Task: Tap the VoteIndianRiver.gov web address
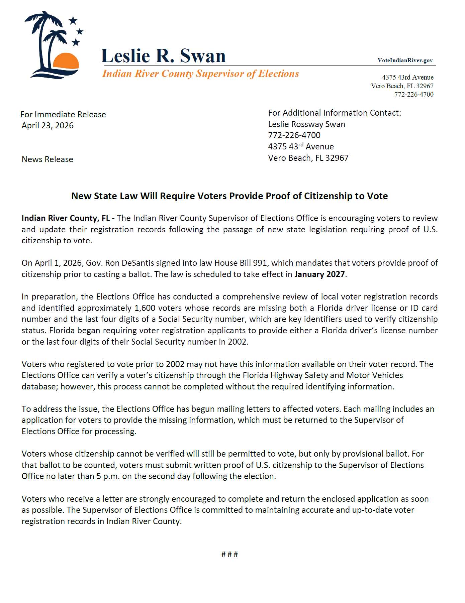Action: pyautogui.click(x=405, y=60)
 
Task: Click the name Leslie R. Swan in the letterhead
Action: pyautogui.click(x=163, y=55)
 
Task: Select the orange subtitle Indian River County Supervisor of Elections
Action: pyautogui.click(x=201, y=74)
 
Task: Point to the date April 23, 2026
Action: pyautogui.click(x=48, y=126)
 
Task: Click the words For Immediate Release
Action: pyautogui.click(x=63, y=114)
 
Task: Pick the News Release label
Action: pyautogui.click(x=47, y=159)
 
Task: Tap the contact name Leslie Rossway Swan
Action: pyautogui.click(x=306, y=124)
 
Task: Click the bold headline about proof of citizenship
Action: pyautogui.click(x=229, y=196)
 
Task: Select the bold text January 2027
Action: pyautogui.click(x=319, y=274)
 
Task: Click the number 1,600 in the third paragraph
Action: pyautogui.click(x=145, y=308)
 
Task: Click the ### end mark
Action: pyautogui.click(x=229, y=555)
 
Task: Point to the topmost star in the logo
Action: pyautogui.click(x=73, y=21)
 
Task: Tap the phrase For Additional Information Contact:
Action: pyautogui.click(x=335, y=113)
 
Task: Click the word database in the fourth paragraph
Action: pyautogui.click(x=38, y=387)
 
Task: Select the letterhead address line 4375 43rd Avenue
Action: pyautogui.click(x=407, y=77)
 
